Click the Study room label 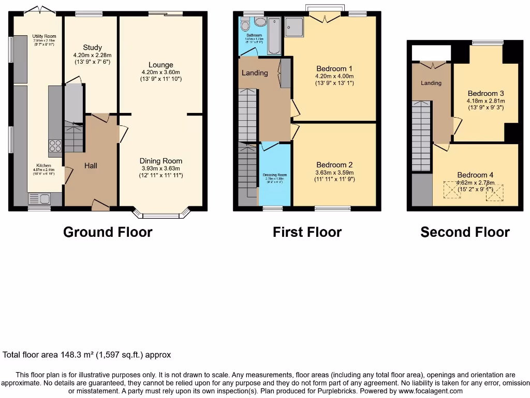click(x=93, y=48)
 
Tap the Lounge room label click(x=161, y=65)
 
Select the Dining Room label click(x=161, y=161)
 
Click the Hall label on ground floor click(x=91, y=166)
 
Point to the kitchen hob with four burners click(x=55, y=146)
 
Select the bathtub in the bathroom click(x=274, y=35)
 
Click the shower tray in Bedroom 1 click(x=295, y=27)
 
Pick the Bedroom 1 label click(x=334, y=68)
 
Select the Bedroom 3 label click(x=485, y=94)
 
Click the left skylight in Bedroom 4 click(x=452, y=191)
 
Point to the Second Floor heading click(x=465, y=233)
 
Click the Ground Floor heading click(x=108, y=232)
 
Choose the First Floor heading click(x=307, y=232)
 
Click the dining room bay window click(x=161, y=215)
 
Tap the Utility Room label click(x=44, y=36)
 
